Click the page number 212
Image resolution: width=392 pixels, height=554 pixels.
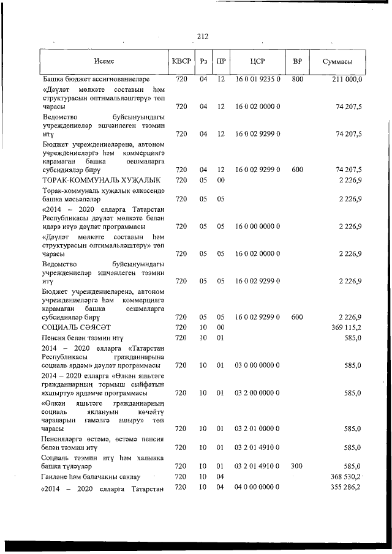(202, 36)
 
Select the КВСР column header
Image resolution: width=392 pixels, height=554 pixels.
(181, 61)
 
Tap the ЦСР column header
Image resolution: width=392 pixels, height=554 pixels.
(257, 61)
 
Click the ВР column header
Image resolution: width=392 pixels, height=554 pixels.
(297, 61)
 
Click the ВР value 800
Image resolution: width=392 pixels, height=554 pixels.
(297, 79)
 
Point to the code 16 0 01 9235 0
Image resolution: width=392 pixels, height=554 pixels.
(257, 79)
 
